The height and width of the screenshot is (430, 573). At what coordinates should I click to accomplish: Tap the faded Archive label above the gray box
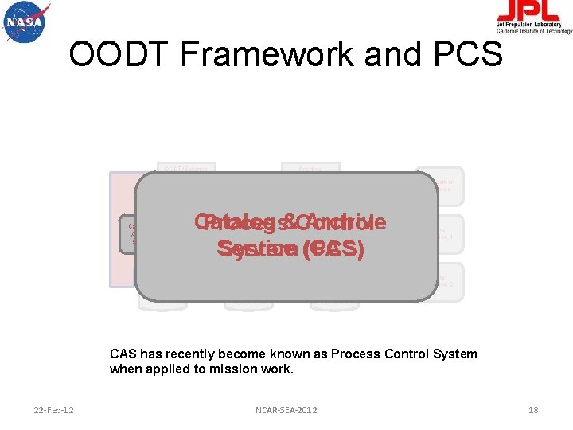(x=310, y=169)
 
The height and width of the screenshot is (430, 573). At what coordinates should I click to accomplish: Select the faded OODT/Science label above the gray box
(x=185, y=169)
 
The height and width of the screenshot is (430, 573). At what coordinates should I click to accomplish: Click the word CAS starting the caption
(x=123, y=354)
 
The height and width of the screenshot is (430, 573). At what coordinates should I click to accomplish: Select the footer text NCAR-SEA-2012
(x=286, y=410)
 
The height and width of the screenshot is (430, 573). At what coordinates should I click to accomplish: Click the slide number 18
(x=533, y=410)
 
